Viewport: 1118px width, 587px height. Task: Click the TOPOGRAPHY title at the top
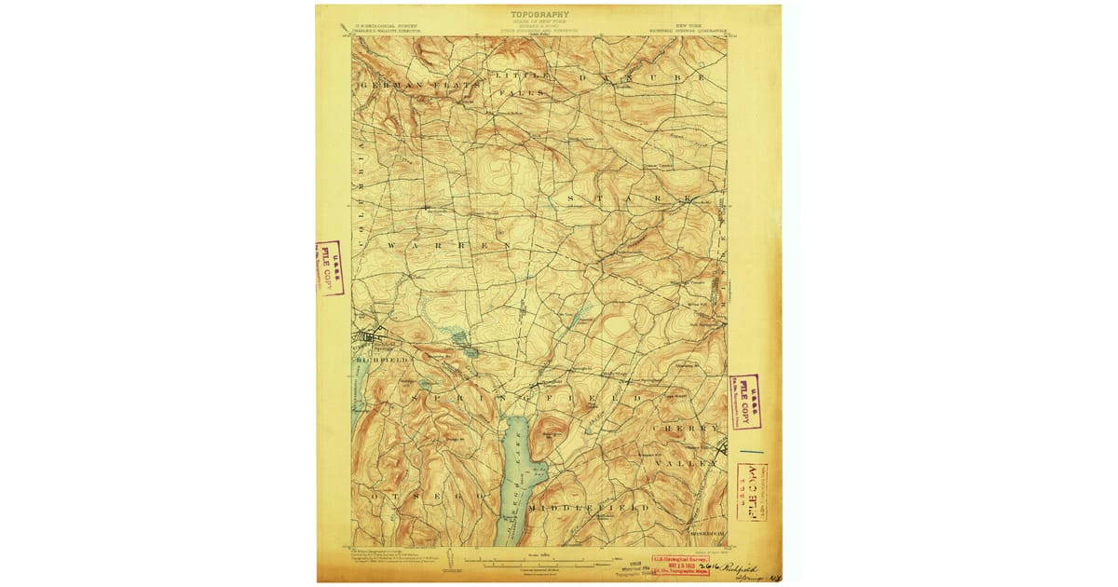pos(539,15)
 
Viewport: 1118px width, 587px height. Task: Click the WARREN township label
pos(449,244)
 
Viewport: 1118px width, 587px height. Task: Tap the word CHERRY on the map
pos(688,428)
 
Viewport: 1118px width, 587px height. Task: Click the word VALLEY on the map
pos(688,462)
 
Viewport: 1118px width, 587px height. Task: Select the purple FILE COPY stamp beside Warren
pos(329,268)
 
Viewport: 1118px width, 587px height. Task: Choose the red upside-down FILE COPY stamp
pos(751,492)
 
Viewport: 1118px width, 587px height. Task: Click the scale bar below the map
pos(539,563)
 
